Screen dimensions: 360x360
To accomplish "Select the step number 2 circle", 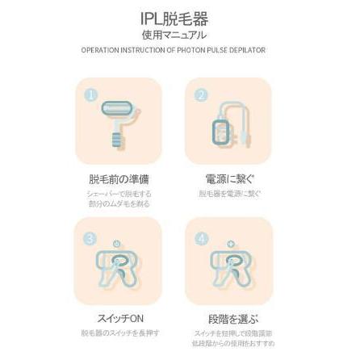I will point(201,94).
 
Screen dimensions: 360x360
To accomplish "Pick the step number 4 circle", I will point(201,240).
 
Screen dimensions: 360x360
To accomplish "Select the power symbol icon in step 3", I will point(118,243).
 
